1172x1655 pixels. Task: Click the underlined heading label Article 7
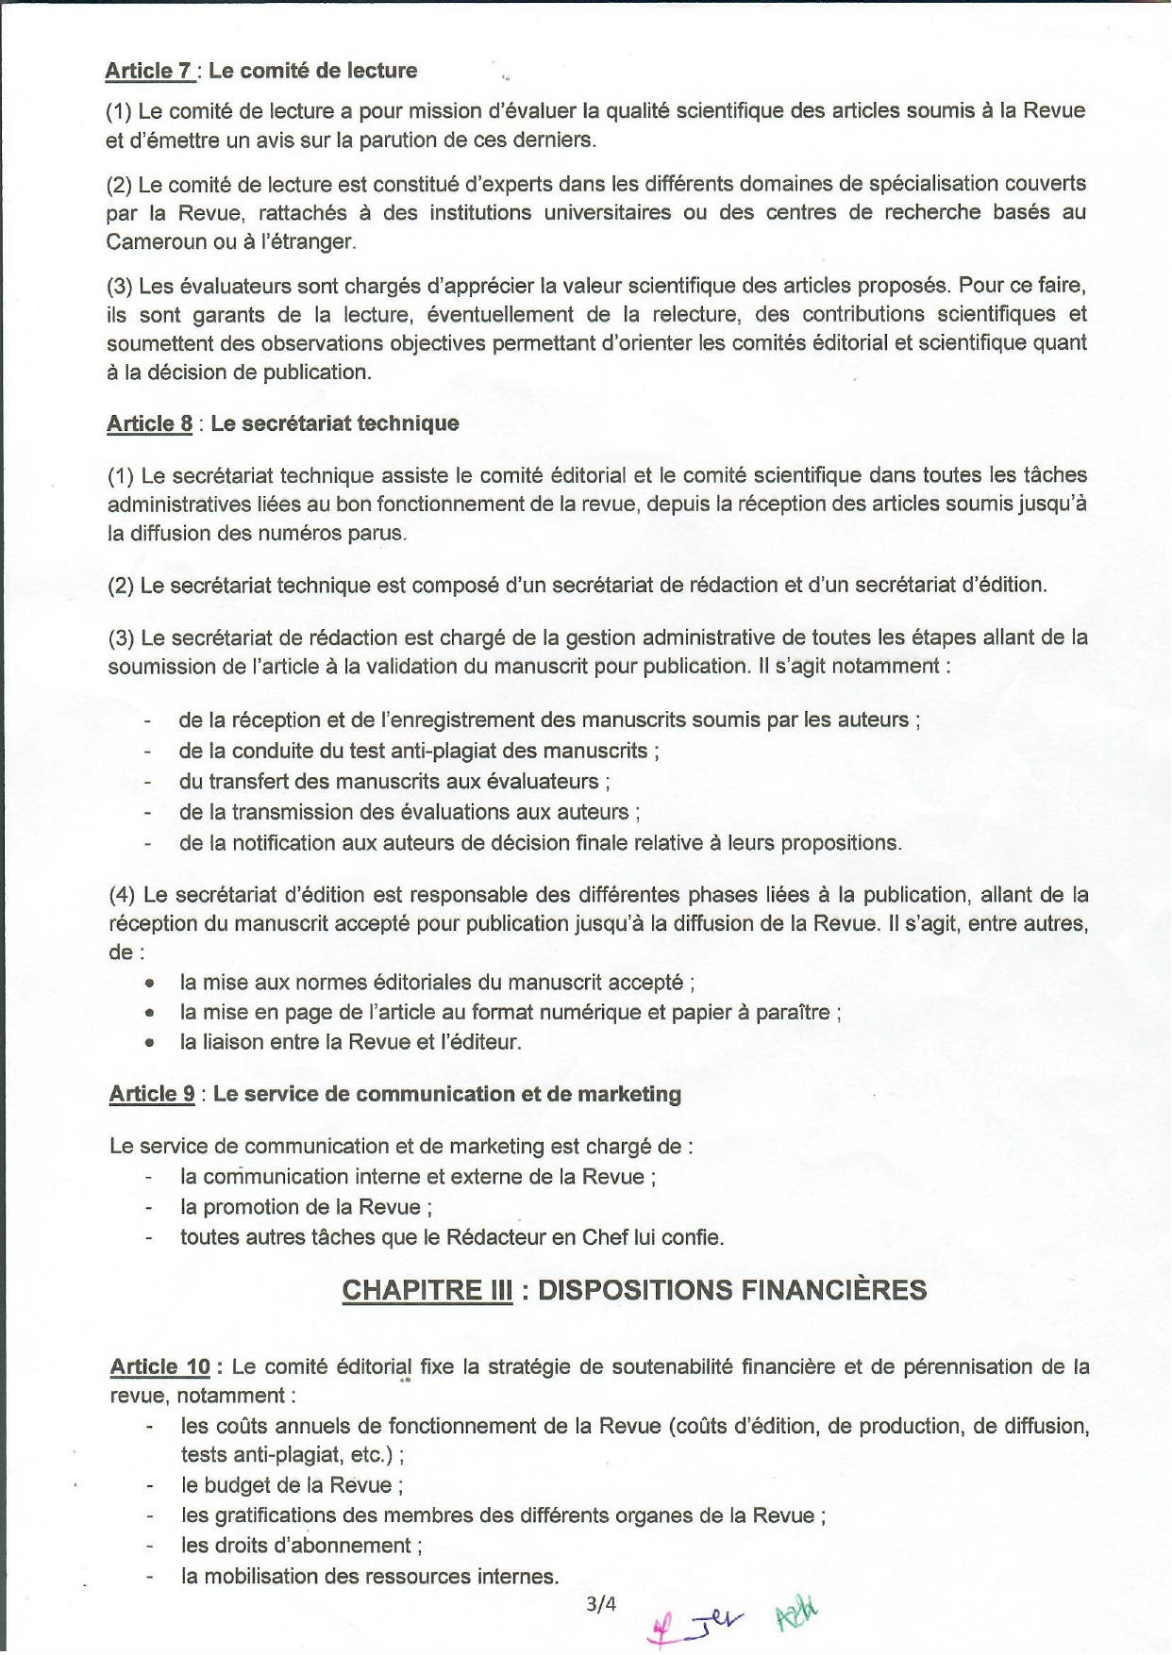tap(149, 71)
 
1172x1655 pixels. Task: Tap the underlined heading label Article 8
tap(149, 423)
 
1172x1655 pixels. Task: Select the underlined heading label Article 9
tap(152, 1094)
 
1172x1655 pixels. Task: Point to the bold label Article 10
tap(159, 1366)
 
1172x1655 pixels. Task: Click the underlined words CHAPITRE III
tap(427, 1290)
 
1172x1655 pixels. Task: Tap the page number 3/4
tap(600, 1603)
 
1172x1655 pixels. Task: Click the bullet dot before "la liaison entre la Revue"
tap(149, 1043)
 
